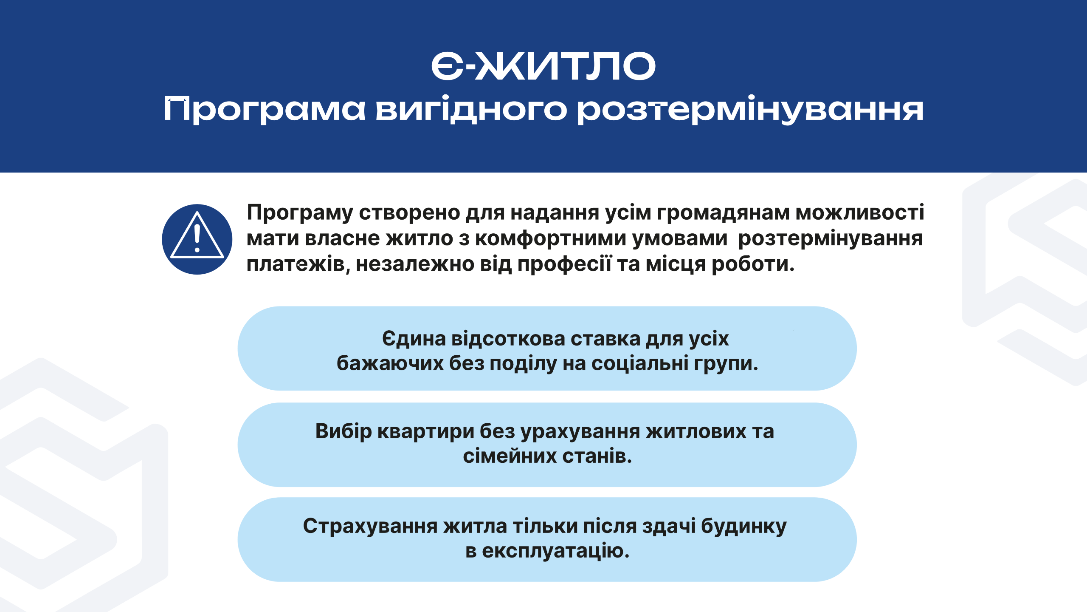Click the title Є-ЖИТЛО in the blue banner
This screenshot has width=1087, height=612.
[x=543, y=66]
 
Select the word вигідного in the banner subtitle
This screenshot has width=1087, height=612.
[x=471, y=110]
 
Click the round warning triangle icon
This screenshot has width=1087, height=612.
[x=197, y=239]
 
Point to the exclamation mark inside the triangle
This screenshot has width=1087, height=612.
[x=197, y=238]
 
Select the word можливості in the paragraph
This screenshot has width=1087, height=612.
[x=860, y=212]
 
